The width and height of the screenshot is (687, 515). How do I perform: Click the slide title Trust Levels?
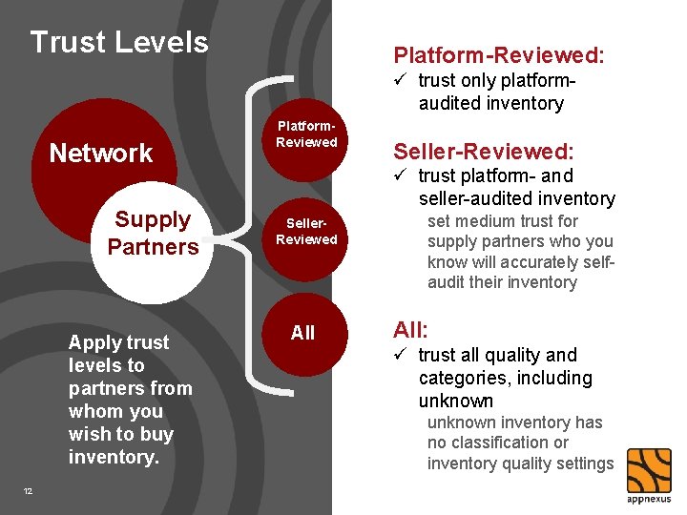[x=119, y=42]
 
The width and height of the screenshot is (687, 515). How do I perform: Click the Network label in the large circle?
[x=101, y=153]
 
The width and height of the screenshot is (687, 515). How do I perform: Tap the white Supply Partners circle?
[x=153, y=234]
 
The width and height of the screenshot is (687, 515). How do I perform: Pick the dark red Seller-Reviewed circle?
[x=306, y=233]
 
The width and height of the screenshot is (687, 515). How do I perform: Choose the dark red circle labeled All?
[x=302, y=333]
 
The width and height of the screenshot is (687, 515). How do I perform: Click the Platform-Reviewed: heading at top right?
[x=499, y=55]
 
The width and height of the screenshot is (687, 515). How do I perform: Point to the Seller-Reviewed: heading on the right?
[x=484, y=150]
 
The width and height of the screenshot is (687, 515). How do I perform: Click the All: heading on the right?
[x=411, y=330]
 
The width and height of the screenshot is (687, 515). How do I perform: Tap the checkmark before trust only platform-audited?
[x=401, y=80]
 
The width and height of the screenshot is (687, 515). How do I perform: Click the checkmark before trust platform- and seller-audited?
[x=401, y=175]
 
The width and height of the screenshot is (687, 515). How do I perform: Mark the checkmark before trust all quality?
[x=401, y=355]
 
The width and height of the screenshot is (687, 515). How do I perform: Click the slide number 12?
[x=28, y=491]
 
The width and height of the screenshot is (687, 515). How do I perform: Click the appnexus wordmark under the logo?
[x=649, y=499]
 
